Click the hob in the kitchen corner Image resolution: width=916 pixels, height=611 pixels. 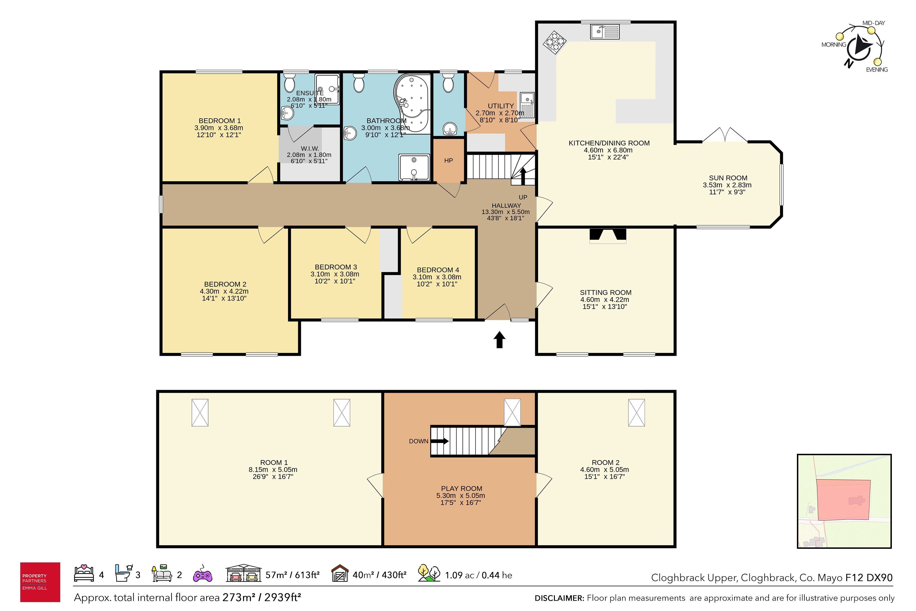pos(554,42)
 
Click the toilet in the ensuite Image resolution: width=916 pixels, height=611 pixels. pos(289,82)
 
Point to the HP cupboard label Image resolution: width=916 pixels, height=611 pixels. pos(448,161)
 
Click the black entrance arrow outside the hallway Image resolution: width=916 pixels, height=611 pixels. pos(499,339)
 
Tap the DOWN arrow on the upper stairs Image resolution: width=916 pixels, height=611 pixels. pos(440,441)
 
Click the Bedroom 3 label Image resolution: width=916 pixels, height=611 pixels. pos(336,267)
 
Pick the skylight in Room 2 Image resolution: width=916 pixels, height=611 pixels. pos(636,413)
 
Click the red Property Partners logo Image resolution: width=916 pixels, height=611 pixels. pos(40,582)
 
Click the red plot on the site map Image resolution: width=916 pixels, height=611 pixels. pos(843,500)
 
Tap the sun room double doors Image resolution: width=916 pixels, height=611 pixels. pos(725,135)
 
